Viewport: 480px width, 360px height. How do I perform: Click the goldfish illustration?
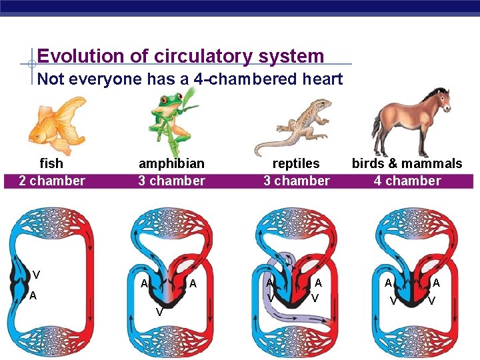point(56,125)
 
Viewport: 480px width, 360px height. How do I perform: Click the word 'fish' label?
point(51,163)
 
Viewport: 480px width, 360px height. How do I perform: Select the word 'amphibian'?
point(171,163)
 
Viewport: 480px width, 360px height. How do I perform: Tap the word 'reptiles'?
point(296,163)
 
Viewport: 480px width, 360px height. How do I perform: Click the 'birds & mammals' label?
point(407,163)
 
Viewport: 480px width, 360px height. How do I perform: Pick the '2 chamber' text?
point(51,181)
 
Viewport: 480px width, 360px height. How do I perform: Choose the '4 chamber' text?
point(407,181)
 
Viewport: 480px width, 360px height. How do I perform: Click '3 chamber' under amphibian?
point(171,181)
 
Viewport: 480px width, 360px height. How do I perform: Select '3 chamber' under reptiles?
point(296,181)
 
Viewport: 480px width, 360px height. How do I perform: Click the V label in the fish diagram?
point(36,275)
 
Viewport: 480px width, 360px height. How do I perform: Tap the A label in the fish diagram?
point(33,295)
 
